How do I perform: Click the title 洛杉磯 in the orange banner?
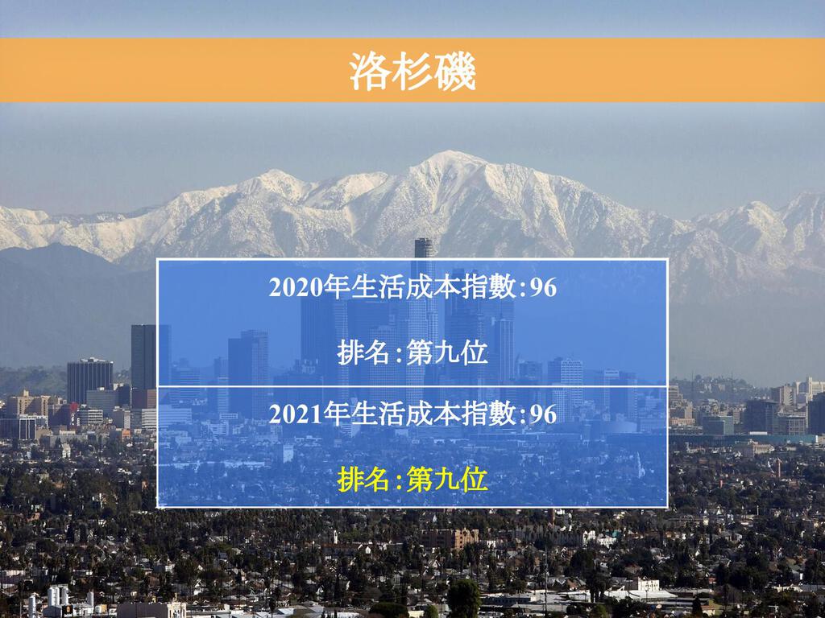pos(412,71)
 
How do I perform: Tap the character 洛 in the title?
pos(370,71)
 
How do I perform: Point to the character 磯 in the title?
pos(455,71)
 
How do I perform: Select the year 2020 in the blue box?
pos(295,288)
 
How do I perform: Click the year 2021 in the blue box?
pos(295,414)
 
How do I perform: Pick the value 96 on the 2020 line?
pos(543,288)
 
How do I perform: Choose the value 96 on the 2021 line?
pos(543,414)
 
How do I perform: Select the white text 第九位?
pos(447,352)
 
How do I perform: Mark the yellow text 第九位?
pos(447,480)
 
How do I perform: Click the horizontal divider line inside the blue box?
pos(412,386)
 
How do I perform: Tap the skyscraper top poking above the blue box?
pos(424,248)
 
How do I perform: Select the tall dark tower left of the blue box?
pos(143,357)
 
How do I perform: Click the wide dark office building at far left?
pos(90,381)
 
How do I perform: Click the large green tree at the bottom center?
pos(463,598)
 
